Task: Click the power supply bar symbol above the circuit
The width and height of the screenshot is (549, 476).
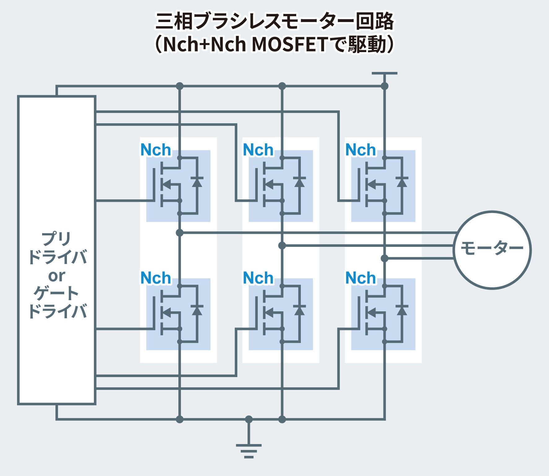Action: (384, 73)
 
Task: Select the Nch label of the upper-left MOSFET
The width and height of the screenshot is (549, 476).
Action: (156, 150)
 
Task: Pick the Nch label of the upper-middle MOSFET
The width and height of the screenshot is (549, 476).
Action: (258, 150)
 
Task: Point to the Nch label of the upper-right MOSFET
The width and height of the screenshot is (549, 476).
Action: (361, 150)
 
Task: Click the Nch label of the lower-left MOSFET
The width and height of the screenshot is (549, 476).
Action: (156, 278)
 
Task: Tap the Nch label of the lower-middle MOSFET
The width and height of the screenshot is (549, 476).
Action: (258, 278)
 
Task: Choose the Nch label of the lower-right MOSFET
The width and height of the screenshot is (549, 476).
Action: (361, 278)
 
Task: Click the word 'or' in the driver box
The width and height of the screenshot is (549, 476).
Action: (57, 276)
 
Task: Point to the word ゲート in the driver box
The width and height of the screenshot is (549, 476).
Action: (56, 293)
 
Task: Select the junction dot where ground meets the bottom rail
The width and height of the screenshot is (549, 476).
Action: (249, 420)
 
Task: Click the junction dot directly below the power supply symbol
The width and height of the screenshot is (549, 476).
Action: (384, 86)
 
